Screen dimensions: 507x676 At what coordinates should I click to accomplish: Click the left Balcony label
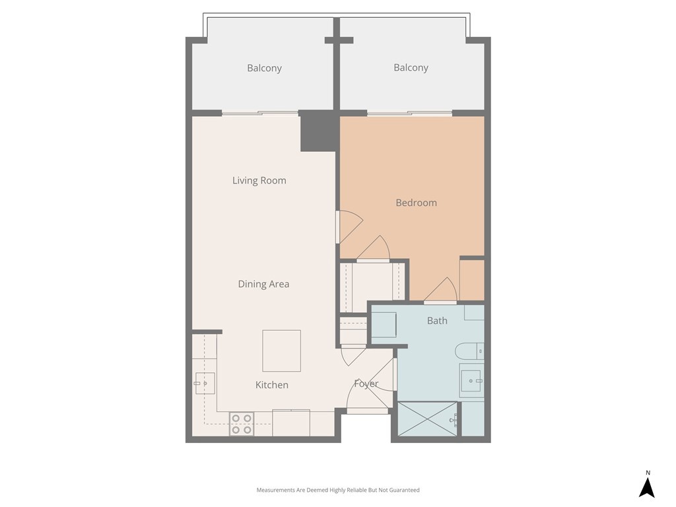[x=264, y=68]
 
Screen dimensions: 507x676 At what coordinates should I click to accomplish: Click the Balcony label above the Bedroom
[x=411, y=67]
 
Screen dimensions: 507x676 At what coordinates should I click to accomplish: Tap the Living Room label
[x=259, y=180]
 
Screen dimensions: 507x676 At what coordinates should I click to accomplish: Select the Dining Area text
[x=263, y=284]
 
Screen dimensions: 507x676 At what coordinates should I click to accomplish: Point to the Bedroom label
[x=416, y=203]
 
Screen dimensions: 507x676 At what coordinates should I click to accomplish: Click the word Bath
[x=437, y=321]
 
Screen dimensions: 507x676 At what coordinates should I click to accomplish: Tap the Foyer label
[x=366, y=384]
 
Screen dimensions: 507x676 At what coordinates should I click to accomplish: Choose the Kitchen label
[x=271, y=385]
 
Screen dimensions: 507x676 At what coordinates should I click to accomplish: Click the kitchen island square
[x=281, y=351]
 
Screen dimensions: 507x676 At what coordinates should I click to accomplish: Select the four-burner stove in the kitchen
[x=242, y=424]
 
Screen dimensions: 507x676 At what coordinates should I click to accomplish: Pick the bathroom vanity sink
[x=471, y=379]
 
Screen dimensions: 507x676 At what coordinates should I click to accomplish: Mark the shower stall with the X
[x=427, y=419]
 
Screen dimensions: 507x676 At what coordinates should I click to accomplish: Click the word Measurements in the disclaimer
[x=277, y=490]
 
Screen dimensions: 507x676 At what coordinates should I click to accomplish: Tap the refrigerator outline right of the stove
[x=290, y=422]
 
